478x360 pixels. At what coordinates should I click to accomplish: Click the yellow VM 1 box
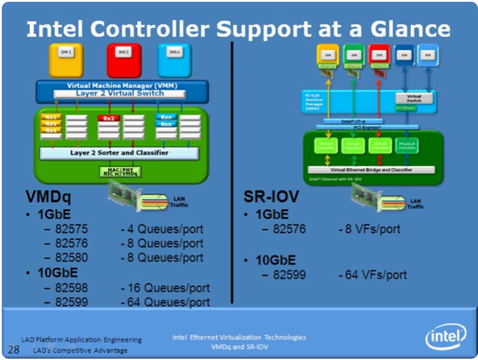(x=66, y=59)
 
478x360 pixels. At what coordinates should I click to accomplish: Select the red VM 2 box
(x=124, y=59)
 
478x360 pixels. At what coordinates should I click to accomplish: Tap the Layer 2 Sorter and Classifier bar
(x=119, y=153)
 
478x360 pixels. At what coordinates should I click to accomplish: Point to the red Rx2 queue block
(x=109, y=118)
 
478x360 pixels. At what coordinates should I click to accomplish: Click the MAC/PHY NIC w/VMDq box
(x=119, y=171)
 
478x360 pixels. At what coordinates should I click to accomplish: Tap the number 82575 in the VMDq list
(x=72, y=229)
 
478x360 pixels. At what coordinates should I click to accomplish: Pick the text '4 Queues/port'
(x=162, y=229)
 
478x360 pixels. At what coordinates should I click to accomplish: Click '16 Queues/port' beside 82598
(x=165, y=288)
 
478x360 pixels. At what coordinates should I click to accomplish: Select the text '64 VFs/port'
(x=372, y=275)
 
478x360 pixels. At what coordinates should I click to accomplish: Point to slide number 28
(x=14, y=349)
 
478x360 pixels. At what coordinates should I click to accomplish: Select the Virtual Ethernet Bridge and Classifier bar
(x=371, y=169)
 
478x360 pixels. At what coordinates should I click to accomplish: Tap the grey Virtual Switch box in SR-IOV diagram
(x=414, y=98)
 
